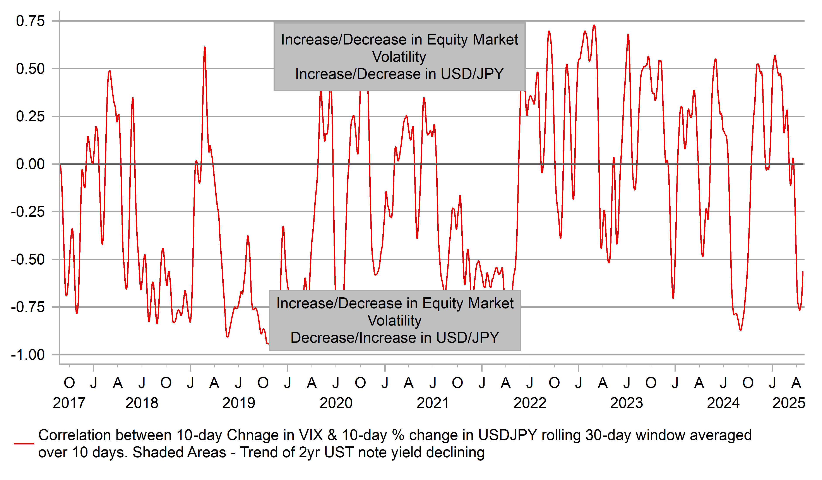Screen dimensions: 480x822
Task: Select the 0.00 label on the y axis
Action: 30,164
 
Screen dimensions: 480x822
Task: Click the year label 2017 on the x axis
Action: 69,403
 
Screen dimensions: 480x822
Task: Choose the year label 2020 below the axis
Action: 336,403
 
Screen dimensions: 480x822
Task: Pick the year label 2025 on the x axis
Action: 789,403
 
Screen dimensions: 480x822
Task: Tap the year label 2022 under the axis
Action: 530,403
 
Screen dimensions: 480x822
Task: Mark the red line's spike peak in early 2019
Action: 205,47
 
